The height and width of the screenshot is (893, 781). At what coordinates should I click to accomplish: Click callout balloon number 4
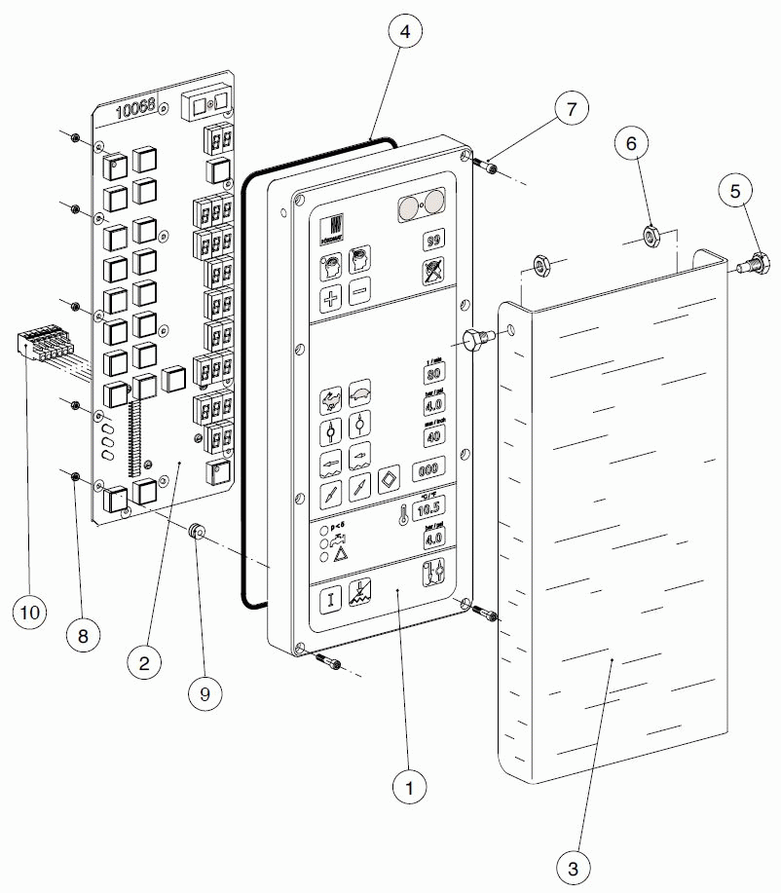(x=405, y=31)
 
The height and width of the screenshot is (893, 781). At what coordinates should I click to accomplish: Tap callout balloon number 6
(x=630, y=143)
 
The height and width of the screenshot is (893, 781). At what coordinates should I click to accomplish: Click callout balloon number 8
(x=84, y=636)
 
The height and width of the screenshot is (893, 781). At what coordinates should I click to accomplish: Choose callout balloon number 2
(x=144, y=663)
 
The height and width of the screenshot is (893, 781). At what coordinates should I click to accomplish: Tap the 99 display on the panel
(x=434, y=241)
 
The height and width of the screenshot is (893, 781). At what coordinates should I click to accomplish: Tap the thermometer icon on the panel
(x=400, y=513)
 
